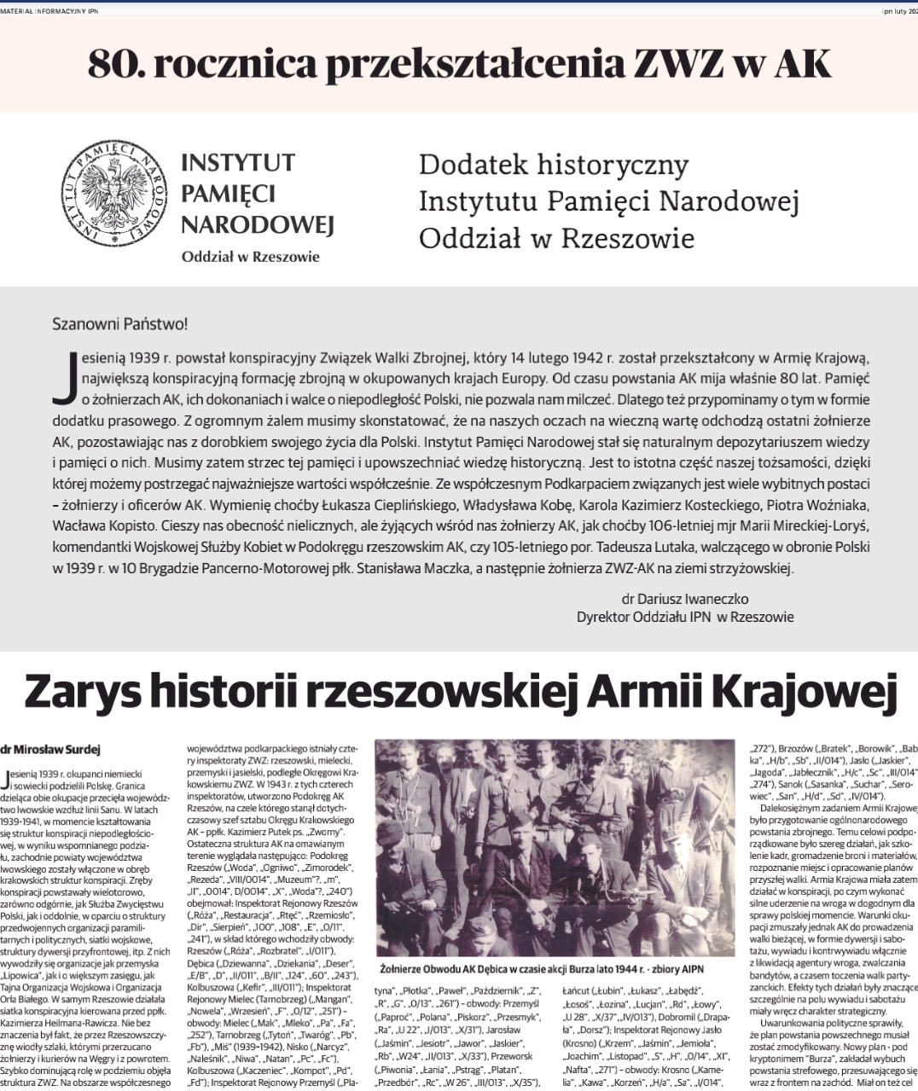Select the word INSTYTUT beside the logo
tap(238, 163)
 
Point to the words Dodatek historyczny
tap(542, 164)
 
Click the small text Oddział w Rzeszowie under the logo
tap(250, 257)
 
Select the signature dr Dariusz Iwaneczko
tap(685, 600)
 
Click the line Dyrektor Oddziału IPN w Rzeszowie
tap(685, 617)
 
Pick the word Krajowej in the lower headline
tap(811, 692)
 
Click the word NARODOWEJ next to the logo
tap(257, 225)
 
